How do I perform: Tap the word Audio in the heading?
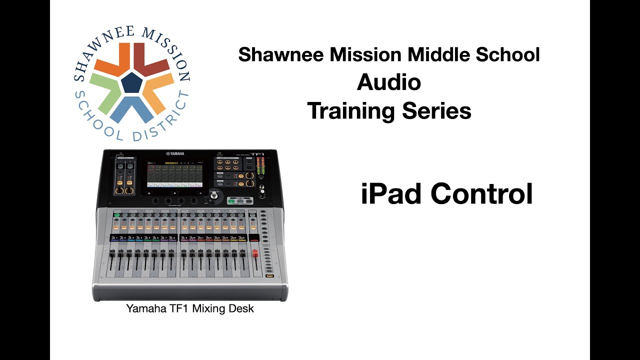coord(388,82)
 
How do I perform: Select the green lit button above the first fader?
coord(117,215)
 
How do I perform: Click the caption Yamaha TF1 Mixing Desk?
coord(190,308)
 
